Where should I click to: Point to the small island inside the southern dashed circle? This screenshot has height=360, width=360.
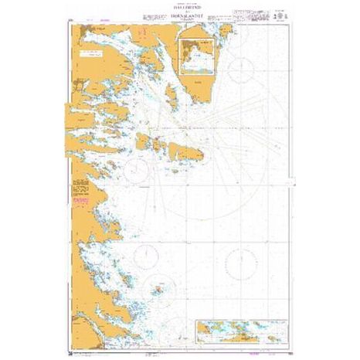tap(159, 288)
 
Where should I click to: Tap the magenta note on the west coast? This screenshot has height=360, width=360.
tap(78, 199)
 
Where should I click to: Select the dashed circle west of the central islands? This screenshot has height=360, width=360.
tap(139, 165)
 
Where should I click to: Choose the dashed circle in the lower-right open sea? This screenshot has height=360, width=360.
tap(239, 263)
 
